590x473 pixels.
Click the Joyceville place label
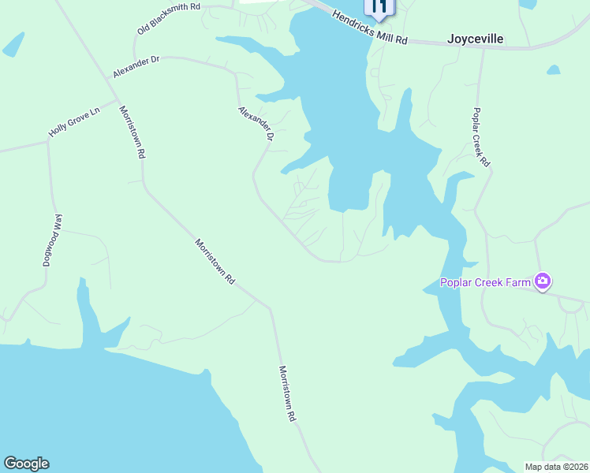[x=475, y=39]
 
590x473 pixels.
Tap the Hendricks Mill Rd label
[x=369, y=28]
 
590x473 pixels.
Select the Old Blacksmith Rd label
[x=169, y=18]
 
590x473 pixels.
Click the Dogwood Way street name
[x=52, y=240]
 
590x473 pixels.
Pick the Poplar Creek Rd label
[x=481, y=137]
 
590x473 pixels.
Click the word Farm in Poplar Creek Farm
[x=516, y=282]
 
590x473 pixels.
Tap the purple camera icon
[x=543, y=281]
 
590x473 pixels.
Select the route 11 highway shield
[x=379, y=7]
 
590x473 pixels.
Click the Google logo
[x=26, y=464]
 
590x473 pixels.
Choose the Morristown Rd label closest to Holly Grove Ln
[x=131, y=132]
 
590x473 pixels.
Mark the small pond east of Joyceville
[x=553, y=70]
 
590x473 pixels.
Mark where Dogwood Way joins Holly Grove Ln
[x=48, y=142]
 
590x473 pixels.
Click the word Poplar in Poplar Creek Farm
[x=457, y=282]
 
